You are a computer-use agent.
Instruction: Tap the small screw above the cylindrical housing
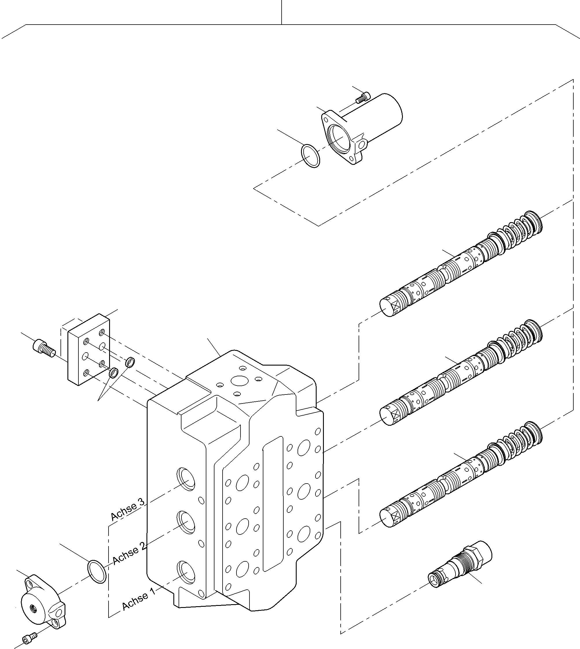pyautogui.click(x=363, y=97)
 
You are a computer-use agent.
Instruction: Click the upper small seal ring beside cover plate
pyautogui.click(x=130, y=362)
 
